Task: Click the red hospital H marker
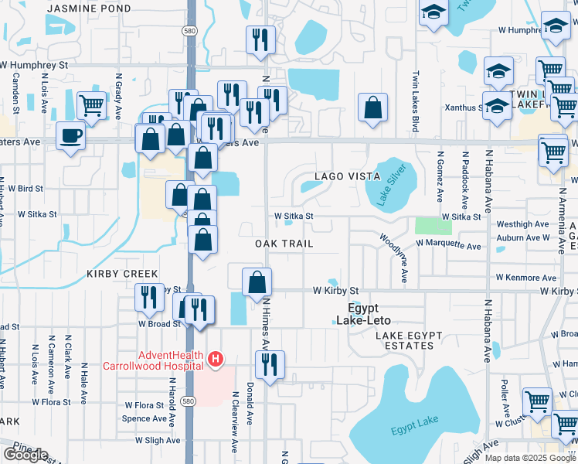point(216,360)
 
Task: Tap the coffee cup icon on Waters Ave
point(71,137)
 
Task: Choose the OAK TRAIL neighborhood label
point(284,244)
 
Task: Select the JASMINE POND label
point(88,8)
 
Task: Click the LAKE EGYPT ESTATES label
point(404,340)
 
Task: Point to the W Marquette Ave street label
point(448,244)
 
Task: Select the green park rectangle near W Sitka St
point(433,226)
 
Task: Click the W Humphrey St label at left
point(34,66)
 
